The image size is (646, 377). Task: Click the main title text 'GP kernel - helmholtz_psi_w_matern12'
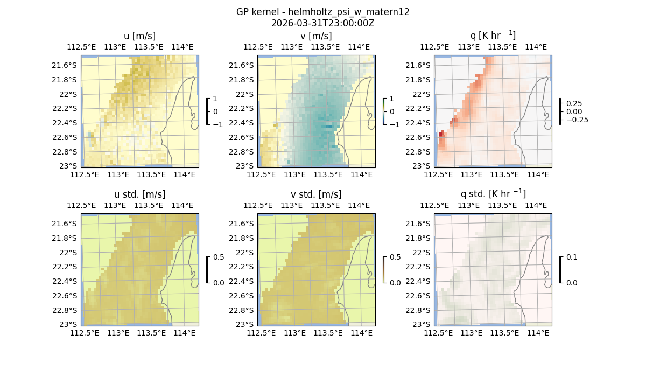pos(322,12)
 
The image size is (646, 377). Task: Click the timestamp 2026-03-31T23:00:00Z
pos(322,23)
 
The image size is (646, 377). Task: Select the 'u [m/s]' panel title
pos(140,36)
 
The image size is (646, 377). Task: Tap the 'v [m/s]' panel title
pos(316,36)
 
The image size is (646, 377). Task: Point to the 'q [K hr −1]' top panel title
pos(493,36)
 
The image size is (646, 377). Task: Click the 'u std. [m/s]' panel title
pos(140,194)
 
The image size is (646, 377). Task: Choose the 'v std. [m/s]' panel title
pos(316,194)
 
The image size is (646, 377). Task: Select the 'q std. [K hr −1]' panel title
pos(493,194)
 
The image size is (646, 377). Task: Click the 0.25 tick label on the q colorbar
pos(573,103)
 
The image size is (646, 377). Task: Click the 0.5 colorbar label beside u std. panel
pos(219,257)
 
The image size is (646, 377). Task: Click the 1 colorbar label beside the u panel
pos(215,99)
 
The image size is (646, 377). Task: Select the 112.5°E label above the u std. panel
pos(81,205)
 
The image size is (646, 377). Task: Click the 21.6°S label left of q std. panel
pos(414,224)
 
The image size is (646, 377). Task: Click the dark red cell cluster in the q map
pos(442,139)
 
